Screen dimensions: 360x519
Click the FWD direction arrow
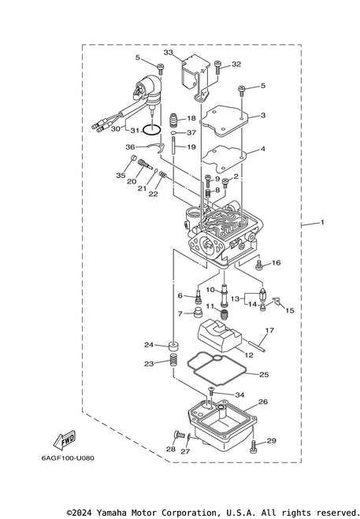pyautogui.click(x=65, y=440)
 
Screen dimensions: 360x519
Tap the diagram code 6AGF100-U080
pyautogui.click(x=68, y=458)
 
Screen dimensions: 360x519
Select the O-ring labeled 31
pyautogui.click(x=152, y=131)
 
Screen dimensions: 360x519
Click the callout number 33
pyautogui.click(x=169, y=52)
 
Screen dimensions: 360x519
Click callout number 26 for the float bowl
pyautogui.click(x=263, y=402)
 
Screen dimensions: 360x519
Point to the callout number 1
pyautogui.click(x=322, y=222)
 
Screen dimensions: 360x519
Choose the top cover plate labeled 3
pyautogui.click(x=225, y=121)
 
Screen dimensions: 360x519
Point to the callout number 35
pyautogui.click(x=121, y=175)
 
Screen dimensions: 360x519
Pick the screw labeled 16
pyautogui.click(x=258, y=265)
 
